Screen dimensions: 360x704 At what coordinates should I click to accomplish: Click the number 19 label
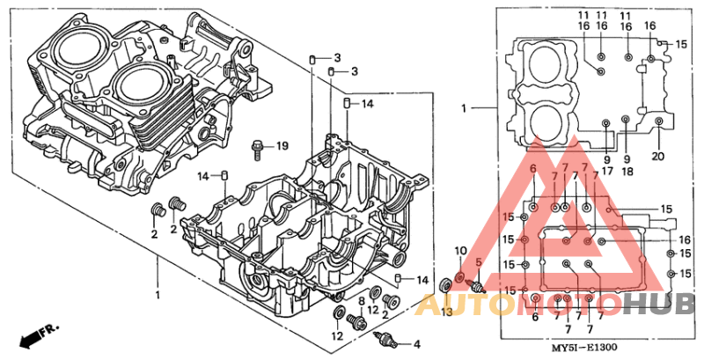(x=282, y=145)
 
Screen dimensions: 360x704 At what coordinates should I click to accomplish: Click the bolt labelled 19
(x=257, y=151)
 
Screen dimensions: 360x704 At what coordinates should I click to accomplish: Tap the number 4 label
(x=417, y=343)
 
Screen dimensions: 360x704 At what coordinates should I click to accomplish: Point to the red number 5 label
(x=479, y=263)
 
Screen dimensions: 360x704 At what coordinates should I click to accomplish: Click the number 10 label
(x=460, y=252)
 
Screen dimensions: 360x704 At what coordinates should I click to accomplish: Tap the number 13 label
(x=446, y=312)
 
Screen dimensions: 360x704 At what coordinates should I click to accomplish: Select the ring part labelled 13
(x=446, y=283)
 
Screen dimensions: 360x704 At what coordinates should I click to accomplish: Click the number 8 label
(x=361, y=301)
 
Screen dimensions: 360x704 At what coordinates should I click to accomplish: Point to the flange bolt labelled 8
(x=358, y=323)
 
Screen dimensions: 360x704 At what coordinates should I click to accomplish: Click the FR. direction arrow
(x=39, y=334)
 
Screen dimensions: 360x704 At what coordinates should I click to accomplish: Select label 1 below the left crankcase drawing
(x=158, y=293)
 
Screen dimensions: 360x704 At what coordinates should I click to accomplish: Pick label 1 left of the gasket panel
(x=464, y=108)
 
